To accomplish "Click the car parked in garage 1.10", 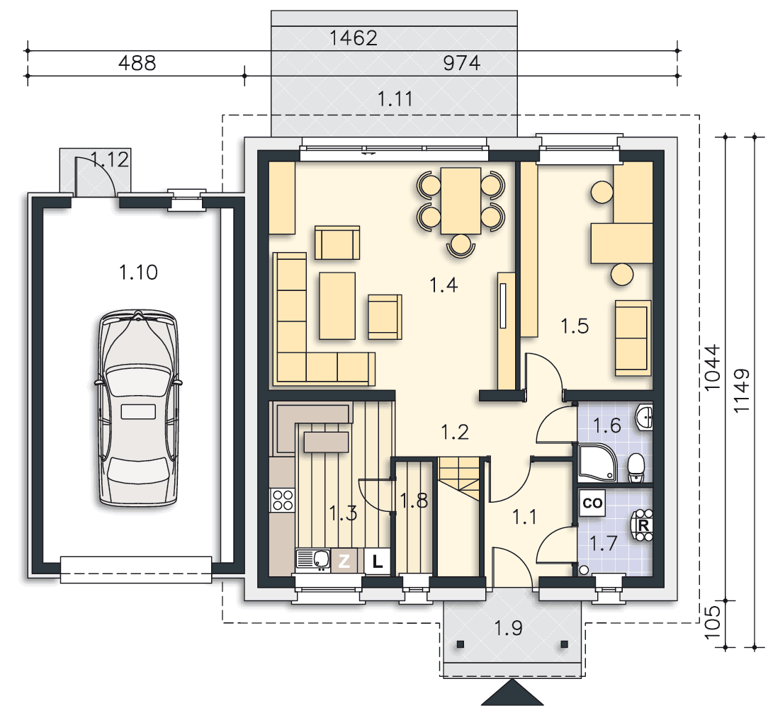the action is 138,408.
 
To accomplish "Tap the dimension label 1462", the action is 353,38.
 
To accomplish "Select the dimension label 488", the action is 137,63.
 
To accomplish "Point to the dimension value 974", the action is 461,63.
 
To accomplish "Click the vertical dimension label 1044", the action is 713,367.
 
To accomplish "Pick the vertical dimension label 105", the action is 713,622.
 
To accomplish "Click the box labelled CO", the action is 592,503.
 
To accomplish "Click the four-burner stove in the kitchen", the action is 283,500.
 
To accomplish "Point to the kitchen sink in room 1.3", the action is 313,560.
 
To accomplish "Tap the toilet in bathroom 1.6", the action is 636,467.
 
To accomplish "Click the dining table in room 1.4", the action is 461,201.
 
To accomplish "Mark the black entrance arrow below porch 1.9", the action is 512,692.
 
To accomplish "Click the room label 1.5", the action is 575,326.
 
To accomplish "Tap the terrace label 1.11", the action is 395,99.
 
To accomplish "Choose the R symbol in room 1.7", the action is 643,525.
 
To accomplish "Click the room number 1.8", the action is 414,501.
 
